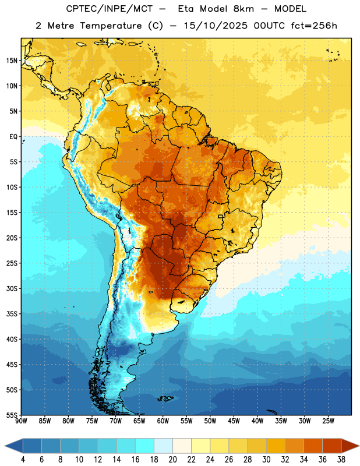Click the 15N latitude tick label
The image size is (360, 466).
pos(12,61)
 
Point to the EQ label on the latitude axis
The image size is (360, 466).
pos(13,137)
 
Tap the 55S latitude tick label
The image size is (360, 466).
pos(12,415)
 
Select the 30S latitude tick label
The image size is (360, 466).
pos(12,288)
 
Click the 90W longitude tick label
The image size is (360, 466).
pos(21,421)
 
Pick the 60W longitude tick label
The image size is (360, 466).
pos(163,421)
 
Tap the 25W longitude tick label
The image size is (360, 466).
pos(328,421)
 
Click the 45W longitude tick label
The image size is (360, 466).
pos(234,421)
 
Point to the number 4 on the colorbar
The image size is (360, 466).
pos(23,460)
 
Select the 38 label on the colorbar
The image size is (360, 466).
pos(341,460)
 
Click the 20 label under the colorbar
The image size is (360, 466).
pos(172,460)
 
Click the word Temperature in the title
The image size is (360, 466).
pos(111,26)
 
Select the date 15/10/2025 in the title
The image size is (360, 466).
pos(216,26)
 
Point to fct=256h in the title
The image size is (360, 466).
pos(314,26)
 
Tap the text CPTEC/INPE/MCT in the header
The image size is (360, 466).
pos(109,9)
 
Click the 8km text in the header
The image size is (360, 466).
pos(243,9)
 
